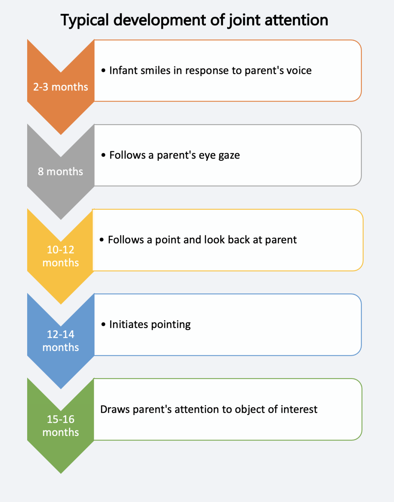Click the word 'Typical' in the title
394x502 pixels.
(x=84, y=21)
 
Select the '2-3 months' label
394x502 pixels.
(x=61, y=87)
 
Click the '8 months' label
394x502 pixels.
(x=61, y=172)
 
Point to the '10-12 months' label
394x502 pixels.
(x=61, y=256)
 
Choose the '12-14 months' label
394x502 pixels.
(x=61, y=341)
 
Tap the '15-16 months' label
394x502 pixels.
(x=61, y=426)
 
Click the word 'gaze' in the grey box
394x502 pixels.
(x=229, y=156)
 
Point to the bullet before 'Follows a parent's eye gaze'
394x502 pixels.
(x=103, y=155)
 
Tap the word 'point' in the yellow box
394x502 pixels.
(x=168, y=240)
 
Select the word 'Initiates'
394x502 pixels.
(x=129, y=325)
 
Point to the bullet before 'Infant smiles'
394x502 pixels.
(x=103, y=71)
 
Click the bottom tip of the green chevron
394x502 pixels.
(x=61, y=473)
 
